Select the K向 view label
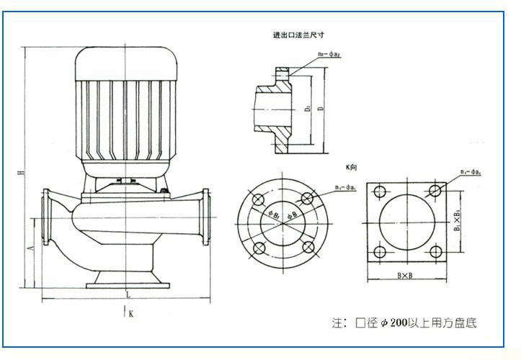(352, 167)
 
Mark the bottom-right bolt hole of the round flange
(308, 248)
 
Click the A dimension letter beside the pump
(30, 247)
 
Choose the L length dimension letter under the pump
(128, 296)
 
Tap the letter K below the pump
(130, 313)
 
